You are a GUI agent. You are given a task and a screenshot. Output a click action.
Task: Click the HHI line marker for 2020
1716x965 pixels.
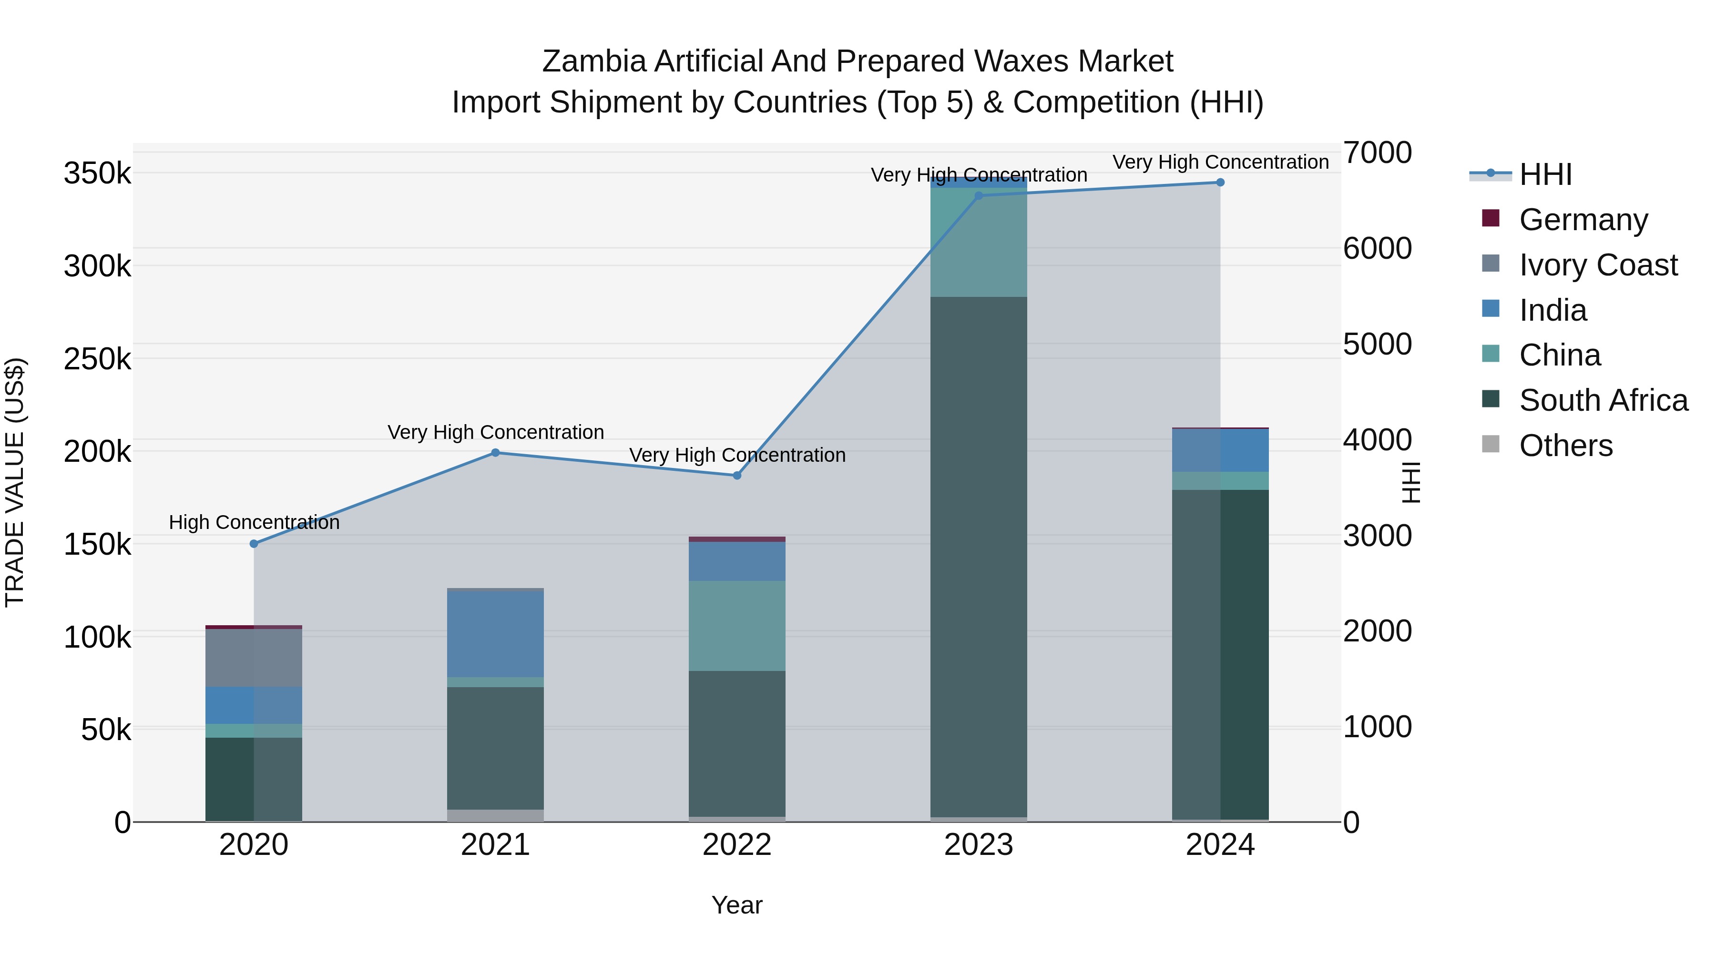click(x=254, y=543)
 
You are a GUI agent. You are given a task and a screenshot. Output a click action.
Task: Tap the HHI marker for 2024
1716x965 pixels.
click(x=1220, y=183)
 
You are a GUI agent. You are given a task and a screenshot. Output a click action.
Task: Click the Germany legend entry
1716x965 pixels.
click(x=1583, y=220)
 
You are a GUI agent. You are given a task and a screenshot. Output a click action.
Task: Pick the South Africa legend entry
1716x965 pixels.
click(x=1603, y=400)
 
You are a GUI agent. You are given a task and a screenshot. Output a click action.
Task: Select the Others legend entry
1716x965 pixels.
click(x=1565, y=446)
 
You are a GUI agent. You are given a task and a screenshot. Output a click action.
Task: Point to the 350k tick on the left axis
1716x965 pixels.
click(x=97, y=174)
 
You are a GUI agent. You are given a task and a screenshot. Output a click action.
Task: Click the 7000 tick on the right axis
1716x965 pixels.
click(x=1376, y=152)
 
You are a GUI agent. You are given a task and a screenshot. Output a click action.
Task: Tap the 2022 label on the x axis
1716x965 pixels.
click(x=737, y=845)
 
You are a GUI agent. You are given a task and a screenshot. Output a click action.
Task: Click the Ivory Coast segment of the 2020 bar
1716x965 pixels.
click(x=254, y=657)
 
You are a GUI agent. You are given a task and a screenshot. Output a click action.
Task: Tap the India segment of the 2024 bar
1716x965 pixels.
click(x=1220, y=450)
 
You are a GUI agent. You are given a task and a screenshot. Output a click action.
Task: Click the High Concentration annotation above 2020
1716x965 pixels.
click(x=254, y=522)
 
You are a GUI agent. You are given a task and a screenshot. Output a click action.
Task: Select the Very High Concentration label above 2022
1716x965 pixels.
click(x=737, y=455)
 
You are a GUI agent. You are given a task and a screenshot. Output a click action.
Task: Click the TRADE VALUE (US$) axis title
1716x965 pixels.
click(x=15, y=482)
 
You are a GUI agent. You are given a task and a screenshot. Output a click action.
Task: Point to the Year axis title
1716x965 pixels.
click(x=737, y=905)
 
